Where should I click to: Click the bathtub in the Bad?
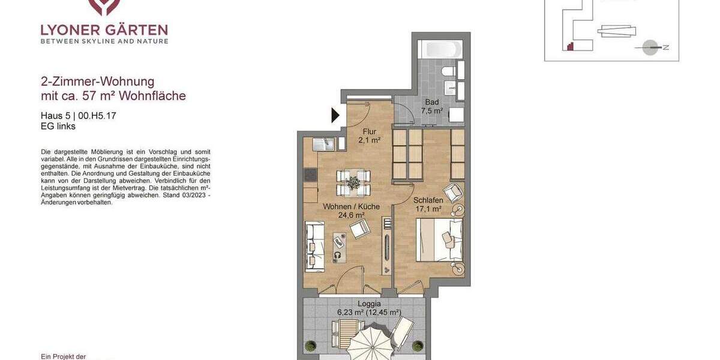[x=441, y=49]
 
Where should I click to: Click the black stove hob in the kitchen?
[x=310, y=175]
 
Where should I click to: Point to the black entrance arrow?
[x=335, y=115]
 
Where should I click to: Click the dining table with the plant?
[x=353, y=182]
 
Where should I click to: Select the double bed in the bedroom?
[x=440, y=240]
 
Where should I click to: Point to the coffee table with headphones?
[x=340, y=247]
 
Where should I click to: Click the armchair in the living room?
[x=360, y=228]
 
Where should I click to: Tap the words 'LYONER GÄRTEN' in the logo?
[x=104, y=29]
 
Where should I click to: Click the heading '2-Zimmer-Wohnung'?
[x=97, y=82]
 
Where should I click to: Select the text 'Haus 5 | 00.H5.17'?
[x=78, y=116]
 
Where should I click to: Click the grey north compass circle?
[x=650, y=47]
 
